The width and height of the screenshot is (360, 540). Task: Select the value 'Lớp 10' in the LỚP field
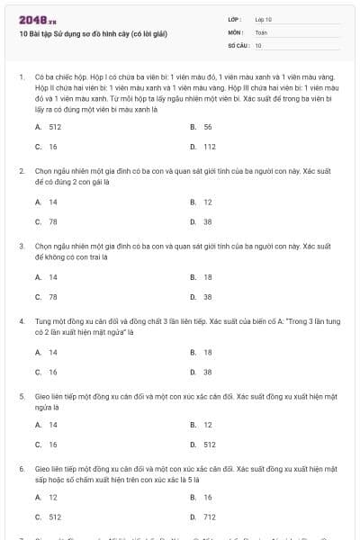(x=264, y=19)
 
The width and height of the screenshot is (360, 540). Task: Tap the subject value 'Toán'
(x=261, y=31)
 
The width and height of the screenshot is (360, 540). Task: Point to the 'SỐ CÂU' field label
(x=238, y=44)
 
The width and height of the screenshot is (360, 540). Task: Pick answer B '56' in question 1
(x=207, y=127)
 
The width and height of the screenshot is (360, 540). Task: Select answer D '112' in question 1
(x=209, y=146)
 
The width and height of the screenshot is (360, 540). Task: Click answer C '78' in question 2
(x=53, y=221)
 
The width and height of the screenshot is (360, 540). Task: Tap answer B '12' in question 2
(x=207, y=202)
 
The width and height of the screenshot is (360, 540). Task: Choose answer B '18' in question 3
(x=207, y=277)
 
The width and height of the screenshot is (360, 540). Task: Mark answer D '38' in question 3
(x=207, y=296)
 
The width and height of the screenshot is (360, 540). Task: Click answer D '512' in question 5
(x=209, y=445)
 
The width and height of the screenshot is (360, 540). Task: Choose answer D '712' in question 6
(x=209, y=517)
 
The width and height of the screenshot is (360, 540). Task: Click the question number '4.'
(x=22, y=320)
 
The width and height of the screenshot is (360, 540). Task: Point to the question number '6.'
(x=22, y=469)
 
